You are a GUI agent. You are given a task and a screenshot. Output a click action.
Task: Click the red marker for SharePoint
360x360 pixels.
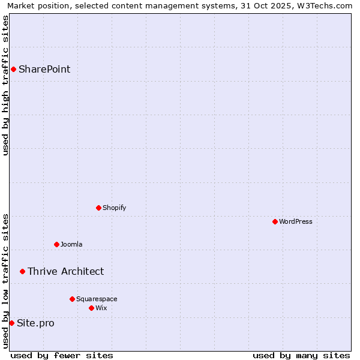click(x=13, y=69)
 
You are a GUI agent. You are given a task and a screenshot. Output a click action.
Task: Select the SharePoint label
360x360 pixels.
click(x=44, y=69)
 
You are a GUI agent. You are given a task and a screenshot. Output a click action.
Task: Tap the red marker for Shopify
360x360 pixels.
click(x=98, y=208)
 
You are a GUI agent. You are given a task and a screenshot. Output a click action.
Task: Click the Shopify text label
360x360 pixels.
click(x=114, y=208)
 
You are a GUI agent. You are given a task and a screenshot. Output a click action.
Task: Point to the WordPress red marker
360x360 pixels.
click(x=275, y=221)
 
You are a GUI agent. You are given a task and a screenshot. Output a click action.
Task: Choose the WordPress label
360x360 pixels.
click(x=296, y=221)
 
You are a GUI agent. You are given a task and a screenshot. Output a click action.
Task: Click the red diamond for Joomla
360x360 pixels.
click(x=56, y=244)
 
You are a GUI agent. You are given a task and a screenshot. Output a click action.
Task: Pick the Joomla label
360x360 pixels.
click(x=71, y=244)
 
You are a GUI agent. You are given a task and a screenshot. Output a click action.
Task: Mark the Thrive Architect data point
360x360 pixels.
click(x=22, y=271)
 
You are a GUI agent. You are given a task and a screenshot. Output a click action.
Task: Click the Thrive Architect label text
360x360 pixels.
click(x=65, y=271)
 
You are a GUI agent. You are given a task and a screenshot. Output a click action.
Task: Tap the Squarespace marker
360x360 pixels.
click(x=72, y=299)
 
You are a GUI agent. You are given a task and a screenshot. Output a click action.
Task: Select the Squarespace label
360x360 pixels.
click(x=97, y=299)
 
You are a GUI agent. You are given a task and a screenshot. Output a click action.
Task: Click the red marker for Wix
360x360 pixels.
click(x=91, y=308)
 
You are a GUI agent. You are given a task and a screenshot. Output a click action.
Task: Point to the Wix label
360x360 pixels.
click(x=101, y=308)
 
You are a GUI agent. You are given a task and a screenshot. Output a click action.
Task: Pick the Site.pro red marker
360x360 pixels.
click(x=11, y=323)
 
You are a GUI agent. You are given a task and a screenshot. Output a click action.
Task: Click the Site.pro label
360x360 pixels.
click(x=35, y=323)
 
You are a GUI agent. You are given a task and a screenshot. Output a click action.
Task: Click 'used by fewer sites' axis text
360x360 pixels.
click(x=62, y=355)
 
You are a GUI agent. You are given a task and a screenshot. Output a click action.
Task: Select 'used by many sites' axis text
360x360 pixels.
click(x=301, y=355)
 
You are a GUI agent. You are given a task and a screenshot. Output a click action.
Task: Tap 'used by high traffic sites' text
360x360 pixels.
click(x=5, y=85)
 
